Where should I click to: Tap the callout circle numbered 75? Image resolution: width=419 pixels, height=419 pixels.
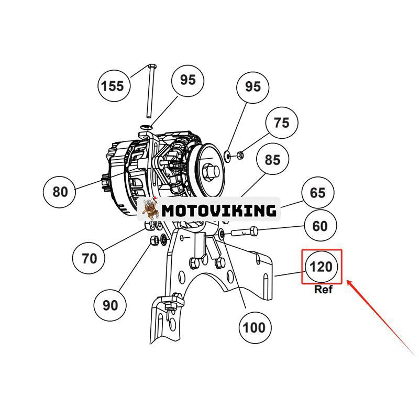(281, 123)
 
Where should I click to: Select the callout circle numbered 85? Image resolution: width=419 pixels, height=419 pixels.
(272, 160)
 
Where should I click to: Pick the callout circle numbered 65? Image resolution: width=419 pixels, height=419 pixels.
(317, 193)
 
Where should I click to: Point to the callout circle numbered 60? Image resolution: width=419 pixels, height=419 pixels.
(319, 226)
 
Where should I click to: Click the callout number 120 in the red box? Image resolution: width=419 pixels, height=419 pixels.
(321, 267)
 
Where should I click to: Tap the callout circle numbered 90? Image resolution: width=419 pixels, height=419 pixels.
(111, 304)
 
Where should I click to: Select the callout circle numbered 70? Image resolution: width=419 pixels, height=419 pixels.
(89, 258)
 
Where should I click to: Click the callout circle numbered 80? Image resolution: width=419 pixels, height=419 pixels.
(60, 192)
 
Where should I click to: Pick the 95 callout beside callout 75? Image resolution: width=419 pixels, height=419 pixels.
(252, 86)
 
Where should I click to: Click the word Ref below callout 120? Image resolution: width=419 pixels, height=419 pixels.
(323, 290)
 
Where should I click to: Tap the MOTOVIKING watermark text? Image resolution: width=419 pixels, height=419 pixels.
(218, 211)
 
